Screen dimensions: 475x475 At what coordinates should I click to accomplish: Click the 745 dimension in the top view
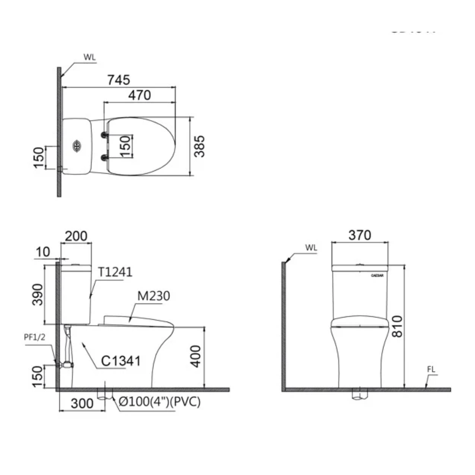coord(119,80)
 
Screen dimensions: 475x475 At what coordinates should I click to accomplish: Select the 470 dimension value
coord(140,95)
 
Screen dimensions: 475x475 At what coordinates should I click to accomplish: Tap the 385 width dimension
coord(200,146)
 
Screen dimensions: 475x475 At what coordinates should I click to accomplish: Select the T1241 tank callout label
coord(115,272)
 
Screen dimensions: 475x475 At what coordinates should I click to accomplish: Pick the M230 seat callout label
coord(153,296)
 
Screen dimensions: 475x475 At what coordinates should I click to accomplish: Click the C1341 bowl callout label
coord(121,361)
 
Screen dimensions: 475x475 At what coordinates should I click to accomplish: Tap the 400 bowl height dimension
coord(196,356)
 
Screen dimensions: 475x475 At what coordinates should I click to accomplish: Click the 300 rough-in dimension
coord(82,403)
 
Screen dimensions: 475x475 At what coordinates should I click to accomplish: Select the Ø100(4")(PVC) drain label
coord(159,402)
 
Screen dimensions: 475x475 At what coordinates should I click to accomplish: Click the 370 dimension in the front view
coord(359,235)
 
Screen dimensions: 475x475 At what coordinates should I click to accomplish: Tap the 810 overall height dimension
coord(397,326)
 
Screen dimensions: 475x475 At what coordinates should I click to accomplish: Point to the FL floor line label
coord(431,370)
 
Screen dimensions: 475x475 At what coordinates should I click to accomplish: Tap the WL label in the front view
coord(311,248)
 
